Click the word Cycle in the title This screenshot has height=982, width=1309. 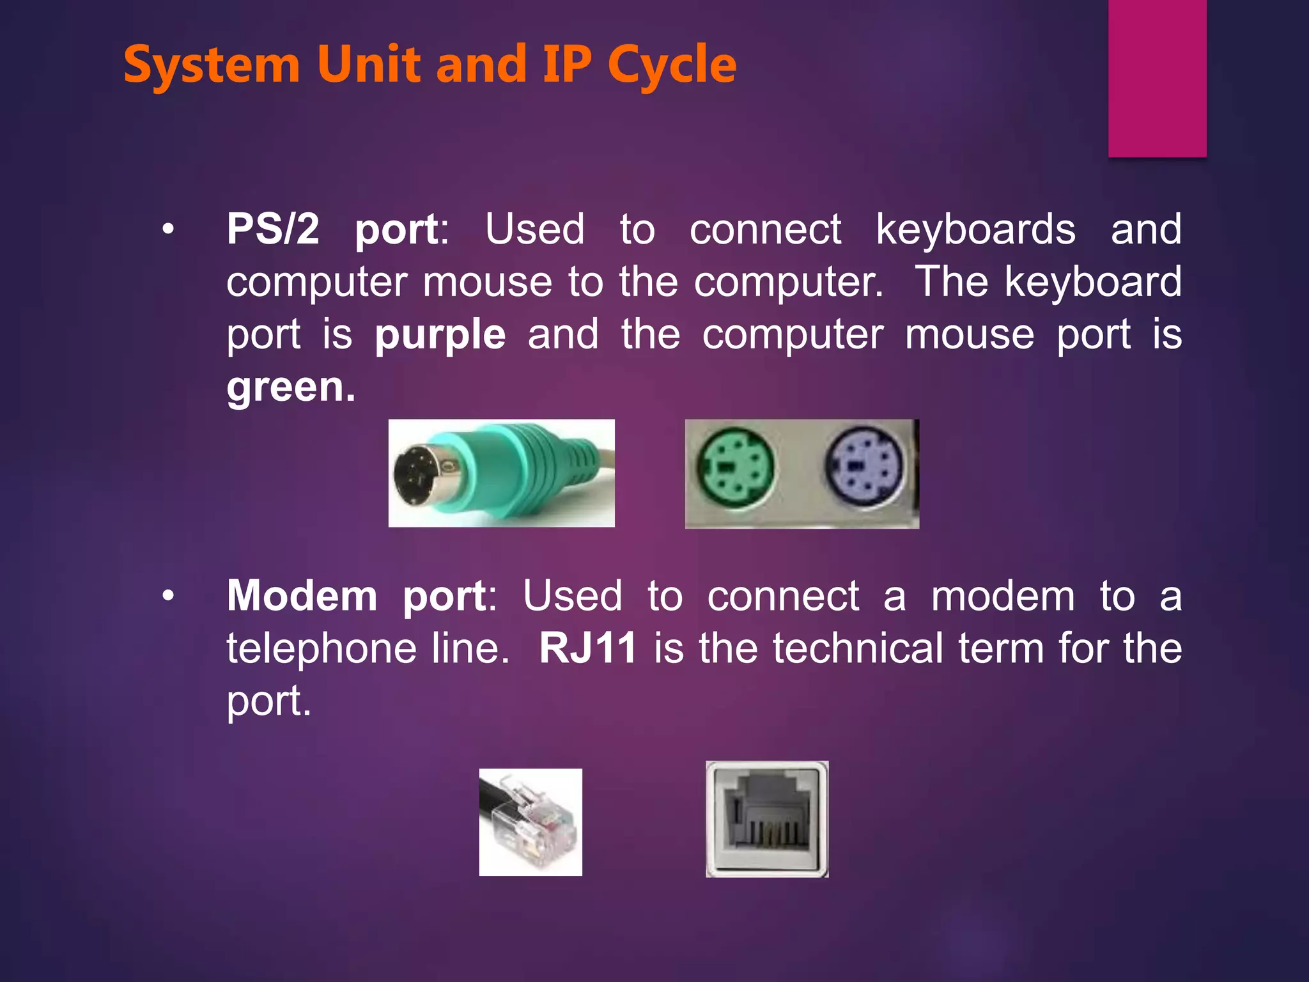click(672, 65)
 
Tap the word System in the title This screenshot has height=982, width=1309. click(212, 65)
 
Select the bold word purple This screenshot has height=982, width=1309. click(440, 334)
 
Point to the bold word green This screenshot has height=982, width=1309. click(290, 387)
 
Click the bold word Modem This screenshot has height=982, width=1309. click(302, 596)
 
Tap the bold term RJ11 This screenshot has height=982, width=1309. click(588, 648)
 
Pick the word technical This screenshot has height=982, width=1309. click(857, 648)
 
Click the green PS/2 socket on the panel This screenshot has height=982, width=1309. click(734, 467)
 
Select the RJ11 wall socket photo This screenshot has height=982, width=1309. click(767, 819)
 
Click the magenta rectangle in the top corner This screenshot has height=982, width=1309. click(1157, 78)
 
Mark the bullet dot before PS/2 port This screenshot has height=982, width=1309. click(168, 230)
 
